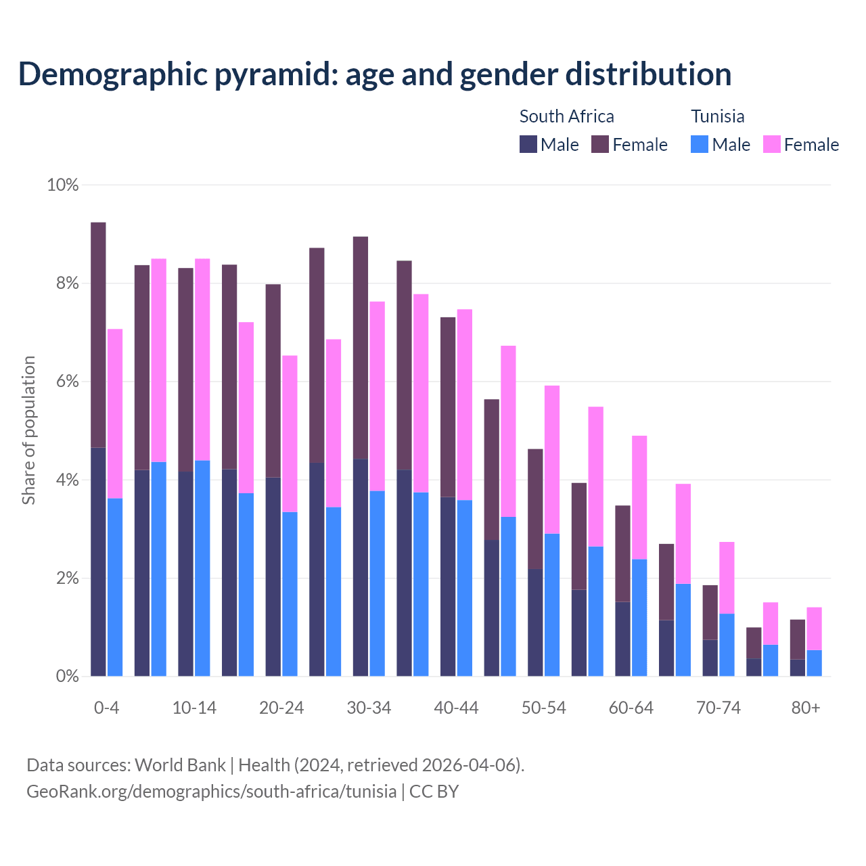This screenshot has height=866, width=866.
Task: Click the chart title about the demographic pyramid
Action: click(x=375, y=74)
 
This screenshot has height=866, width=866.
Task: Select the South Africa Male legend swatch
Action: click(x=528, y=144)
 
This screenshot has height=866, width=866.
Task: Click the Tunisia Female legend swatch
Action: click(x=772, y=144)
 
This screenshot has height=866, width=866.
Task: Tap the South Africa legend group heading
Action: click(x=566, y=116)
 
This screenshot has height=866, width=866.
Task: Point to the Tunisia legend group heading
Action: click(x=717, y=116)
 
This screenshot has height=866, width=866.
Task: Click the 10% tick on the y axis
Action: click(x=62, y=185)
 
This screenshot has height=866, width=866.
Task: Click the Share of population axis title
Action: click(x=28, y=430)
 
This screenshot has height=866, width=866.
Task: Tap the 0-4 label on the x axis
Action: click(x=106, y=708)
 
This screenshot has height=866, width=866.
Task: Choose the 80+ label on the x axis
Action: click(x=806, y=708)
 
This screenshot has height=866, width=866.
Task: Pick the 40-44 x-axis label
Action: click(x=456, y=708)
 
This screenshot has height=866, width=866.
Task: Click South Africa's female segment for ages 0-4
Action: click(x=98, y=335)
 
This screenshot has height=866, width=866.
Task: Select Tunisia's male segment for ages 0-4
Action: click(x=115, y=587)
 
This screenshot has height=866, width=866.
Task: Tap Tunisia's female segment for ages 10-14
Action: click(x=202, y=359)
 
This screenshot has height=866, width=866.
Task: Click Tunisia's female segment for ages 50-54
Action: click(x=552, y=459)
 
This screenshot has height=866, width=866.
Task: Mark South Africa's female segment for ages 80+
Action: click(x=798, y=639)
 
